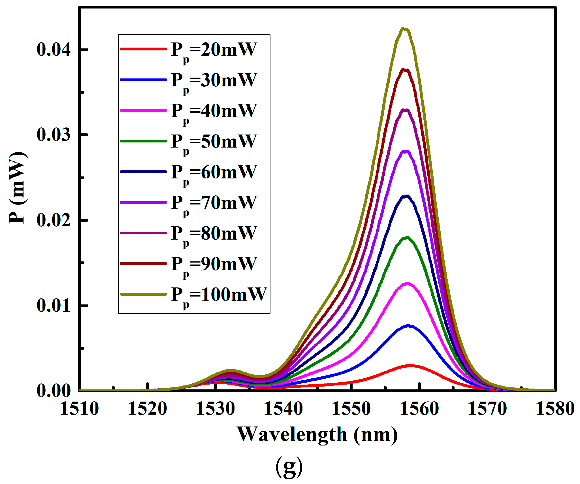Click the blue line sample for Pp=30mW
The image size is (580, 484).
143,80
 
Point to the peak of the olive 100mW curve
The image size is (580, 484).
404,29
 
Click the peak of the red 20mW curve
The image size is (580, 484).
410,366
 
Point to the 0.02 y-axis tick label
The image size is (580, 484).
53,220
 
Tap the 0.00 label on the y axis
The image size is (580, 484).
53,391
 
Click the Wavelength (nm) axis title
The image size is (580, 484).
317,434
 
